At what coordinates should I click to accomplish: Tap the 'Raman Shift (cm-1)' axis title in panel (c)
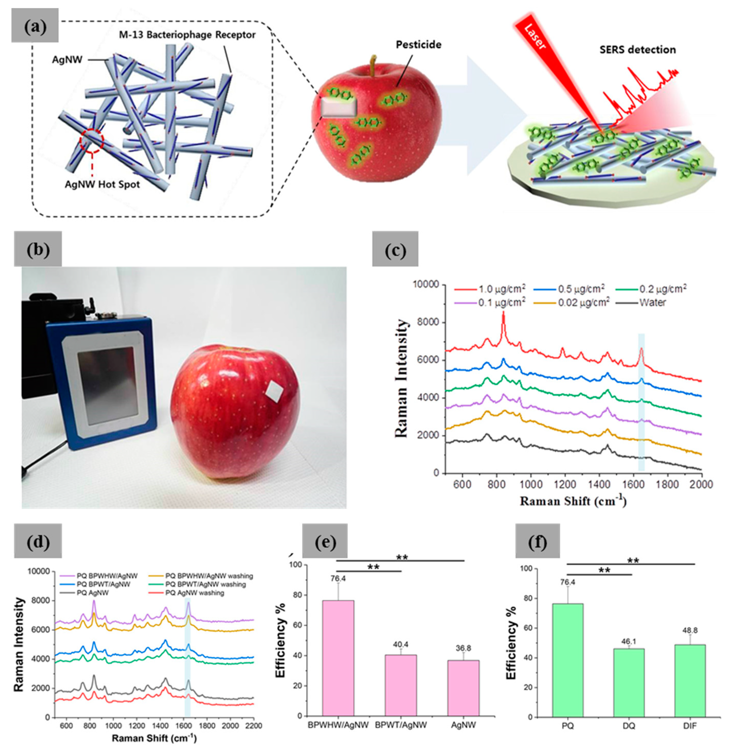573,501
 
